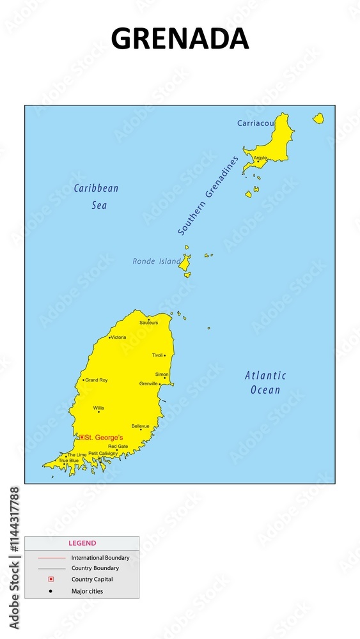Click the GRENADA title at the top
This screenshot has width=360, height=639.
tap(180, 39)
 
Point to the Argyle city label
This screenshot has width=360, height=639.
tap(260, 157)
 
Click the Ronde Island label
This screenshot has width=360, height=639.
tap(157, 261)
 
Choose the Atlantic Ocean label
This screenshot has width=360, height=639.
tap(265, 382)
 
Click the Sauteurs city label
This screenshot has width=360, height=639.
tap(149, 323)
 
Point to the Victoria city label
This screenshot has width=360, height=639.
tap(118, 337)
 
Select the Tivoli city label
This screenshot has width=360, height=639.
tap(157, 355)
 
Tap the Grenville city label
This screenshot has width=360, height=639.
tap(148, 383)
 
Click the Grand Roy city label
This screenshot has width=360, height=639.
tap(97, 380)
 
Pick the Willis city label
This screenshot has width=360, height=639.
tap(98, 408)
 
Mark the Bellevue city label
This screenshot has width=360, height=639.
tap(140, 426)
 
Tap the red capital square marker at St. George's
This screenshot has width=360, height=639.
tap(81, 437)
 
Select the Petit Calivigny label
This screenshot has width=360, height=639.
tap(103, 453)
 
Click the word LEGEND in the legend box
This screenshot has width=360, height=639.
tap(82, 543)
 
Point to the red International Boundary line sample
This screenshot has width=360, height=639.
tap(51, 558)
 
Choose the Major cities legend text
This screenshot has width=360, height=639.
tap(87, 591)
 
